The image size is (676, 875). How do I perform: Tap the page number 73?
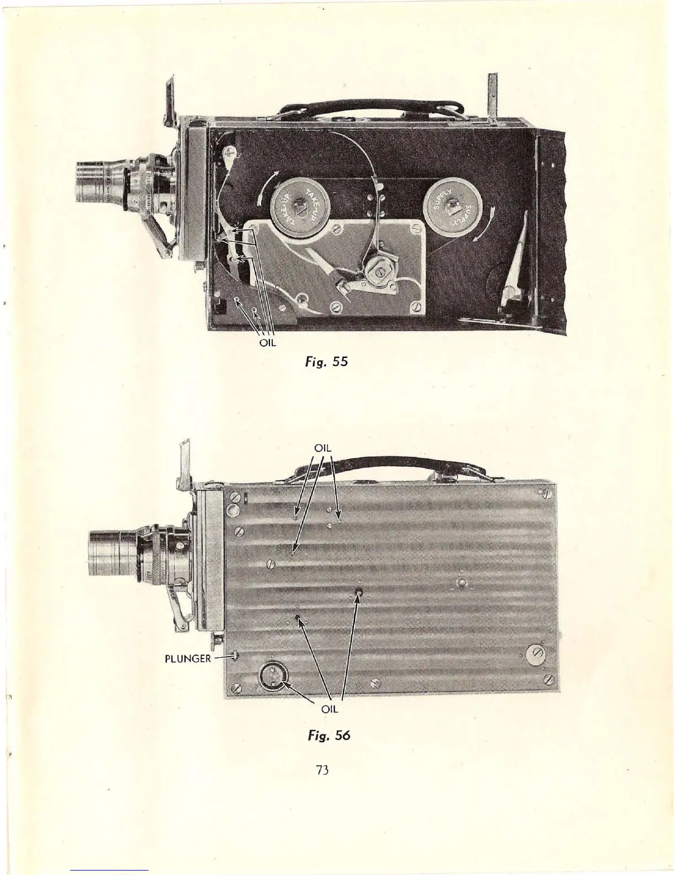[323, 770]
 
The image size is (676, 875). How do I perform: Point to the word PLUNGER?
[187, 658]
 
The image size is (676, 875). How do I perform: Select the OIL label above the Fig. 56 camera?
[323, 447]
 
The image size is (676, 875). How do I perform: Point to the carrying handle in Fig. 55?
[362, 108]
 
